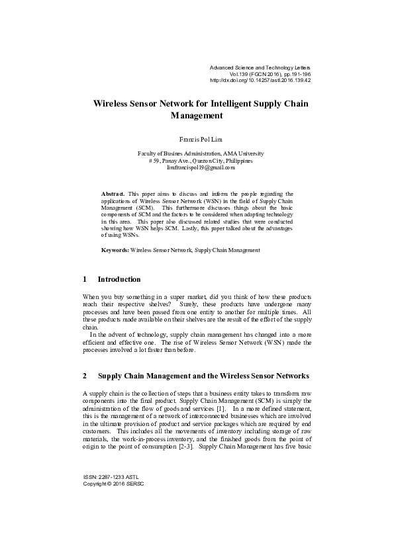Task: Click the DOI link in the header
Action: coord(260,81)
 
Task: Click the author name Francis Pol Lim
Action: coord(196,140)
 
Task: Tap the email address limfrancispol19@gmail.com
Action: coord(196,168)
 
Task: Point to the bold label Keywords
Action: coord(115,251)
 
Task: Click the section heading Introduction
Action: coord(119,279)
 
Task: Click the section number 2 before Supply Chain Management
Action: coord(85,376)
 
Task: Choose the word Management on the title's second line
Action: coord(196,116)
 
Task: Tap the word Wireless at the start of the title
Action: coord(110,105)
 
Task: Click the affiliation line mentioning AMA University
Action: coord(196,152)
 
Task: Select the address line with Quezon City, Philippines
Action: coord(196,160)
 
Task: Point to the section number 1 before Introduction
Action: coord(85,279)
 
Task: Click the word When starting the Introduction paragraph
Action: coord(91,298)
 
